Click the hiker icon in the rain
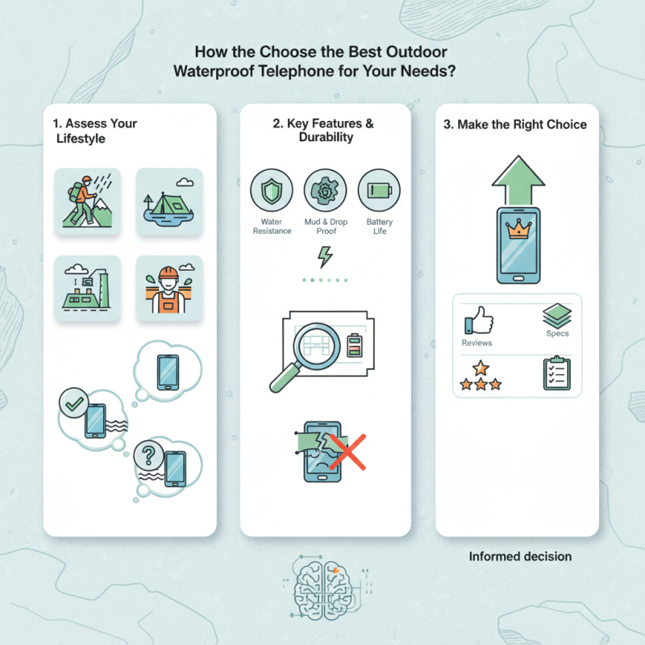click(x=87, y=201)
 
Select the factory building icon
click(x=87, y=288)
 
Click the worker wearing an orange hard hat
click(x=169, y=288)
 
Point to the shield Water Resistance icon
click(x=272, y=190)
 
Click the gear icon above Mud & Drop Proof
click(x=325, y=190)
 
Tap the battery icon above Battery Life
click(x=379, y=190)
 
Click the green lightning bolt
click(x=325, y=256)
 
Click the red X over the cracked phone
click(x=348, y=451)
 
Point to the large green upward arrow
click(x=518, y=180)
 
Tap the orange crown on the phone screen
click(x=518, y=229)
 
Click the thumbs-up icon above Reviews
click(x=479, y=320)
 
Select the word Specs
click(x=557, y=334)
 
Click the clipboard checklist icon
click(x=556, y=372)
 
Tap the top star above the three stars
click(x=481, y=368)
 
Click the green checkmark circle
click(x=73, y=403)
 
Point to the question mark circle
click(x=149, y=455)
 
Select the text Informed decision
click(x=520, y=556)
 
